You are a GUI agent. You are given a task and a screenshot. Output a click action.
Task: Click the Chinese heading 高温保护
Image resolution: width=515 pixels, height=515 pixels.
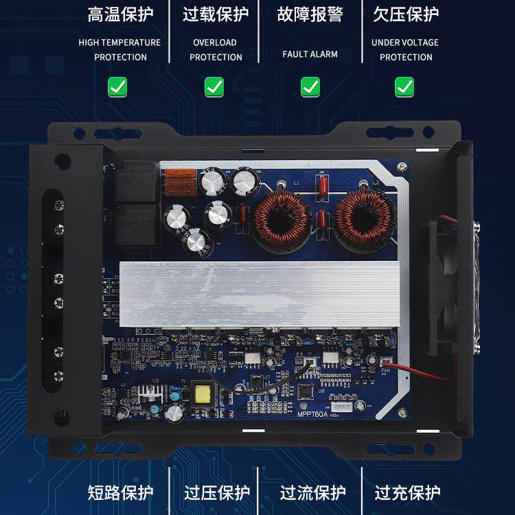point(120,14)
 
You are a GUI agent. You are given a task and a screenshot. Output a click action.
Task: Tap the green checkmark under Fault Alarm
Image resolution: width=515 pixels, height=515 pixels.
point(310,87)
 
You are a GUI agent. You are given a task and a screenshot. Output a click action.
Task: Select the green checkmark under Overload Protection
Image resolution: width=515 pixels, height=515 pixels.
point(214,87)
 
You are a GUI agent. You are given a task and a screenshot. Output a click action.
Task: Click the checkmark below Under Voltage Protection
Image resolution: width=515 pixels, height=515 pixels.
point(404,87)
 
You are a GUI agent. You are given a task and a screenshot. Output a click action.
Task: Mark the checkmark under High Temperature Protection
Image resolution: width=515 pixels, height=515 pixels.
point(118,87)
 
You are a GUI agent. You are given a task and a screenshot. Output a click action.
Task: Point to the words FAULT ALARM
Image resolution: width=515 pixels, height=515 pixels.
point(310,54)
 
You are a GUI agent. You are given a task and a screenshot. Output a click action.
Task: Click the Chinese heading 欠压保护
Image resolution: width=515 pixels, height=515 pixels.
point(405,14)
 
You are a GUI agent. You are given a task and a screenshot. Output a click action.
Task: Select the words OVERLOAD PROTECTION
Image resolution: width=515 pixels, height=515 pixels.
point(215,49)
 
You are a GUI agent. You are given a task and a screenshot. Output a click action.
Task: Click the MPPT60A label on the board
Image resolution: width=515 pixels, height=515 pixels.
point(313,413)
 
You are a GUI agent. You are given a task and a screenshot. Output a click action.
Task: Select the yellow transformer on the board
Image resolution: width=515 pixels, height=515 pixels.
point(204,393)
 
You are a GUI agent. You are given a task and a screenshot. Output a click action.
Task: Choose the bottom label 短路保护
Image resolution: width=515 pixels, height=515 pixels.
point(120,492)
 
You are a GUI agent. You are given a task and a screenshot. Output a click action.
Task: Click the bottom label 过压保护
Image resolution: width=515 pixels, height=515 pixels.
point(216,492)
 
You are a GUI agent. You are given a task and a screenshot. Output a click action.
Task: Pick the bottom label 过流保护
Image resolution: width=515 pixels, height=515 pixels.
point(312,492)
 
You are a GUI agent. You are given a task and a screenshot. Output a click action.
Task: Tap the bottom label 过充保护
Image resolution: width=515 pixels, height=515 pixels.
point(407,492)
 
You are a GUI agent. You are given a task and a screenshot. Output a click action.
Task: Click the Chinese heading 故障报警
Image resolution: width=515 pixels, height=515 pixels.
point(310,14)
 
